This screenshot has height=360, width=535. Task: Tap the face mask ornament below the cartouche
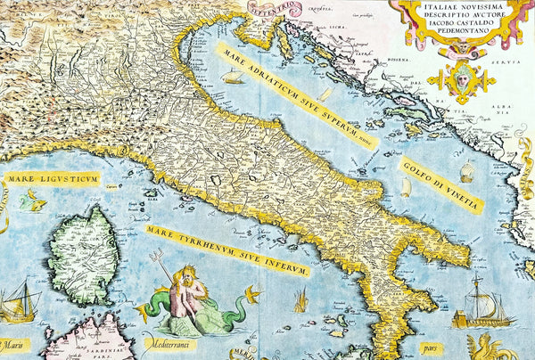pyautogui.click(x=460, y=79)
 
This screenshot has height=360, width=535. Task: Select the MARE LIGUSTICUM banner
pyautogui.click(x=51, y=179)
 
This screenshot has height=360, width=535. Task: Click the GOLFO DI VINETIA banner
pyautogui.click(x=441, y=184)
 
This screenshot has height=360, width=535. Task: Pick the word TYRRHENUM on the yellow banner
pyautogui.click(x=215, y=247)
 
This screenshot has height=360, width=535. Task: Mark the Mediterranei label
pyautogui.click(x=170, y=343)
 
